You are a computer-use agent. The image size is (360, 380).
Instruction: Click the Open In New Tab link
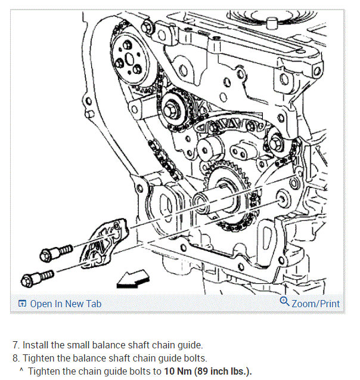pos(66,304)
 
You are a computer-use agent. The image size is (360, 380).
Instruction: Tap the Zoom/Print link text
pos(315,304)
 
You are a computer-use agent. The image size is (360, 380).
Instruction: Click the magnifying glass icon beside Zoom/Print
pos(284,302)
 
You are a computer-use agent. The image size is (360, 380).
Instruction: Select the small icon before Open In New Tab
pos(22,304)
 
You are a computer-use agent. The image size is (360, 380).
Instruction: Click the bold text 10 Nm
pos(178,371)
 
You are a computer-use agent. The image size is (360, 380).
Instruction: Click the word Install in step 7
pos(37,345)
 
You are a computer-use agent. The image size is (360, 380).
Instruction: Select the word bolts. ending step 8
pos(192,358)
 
